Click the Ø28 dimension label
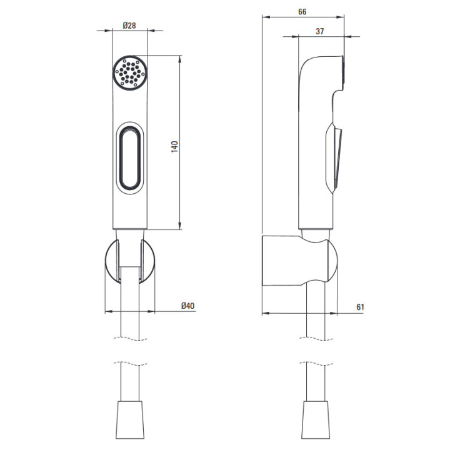coord(129,26)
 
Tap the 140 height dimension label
coord(174,147)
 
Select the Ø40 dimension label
coord(188,306)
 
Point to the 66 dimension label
coord(302,12)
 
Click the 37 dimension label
coord(320,31)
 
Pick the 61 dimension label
coord(360,307)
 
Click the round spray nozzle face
coord(130,72)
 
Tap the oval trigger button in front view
coord(130,158)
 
